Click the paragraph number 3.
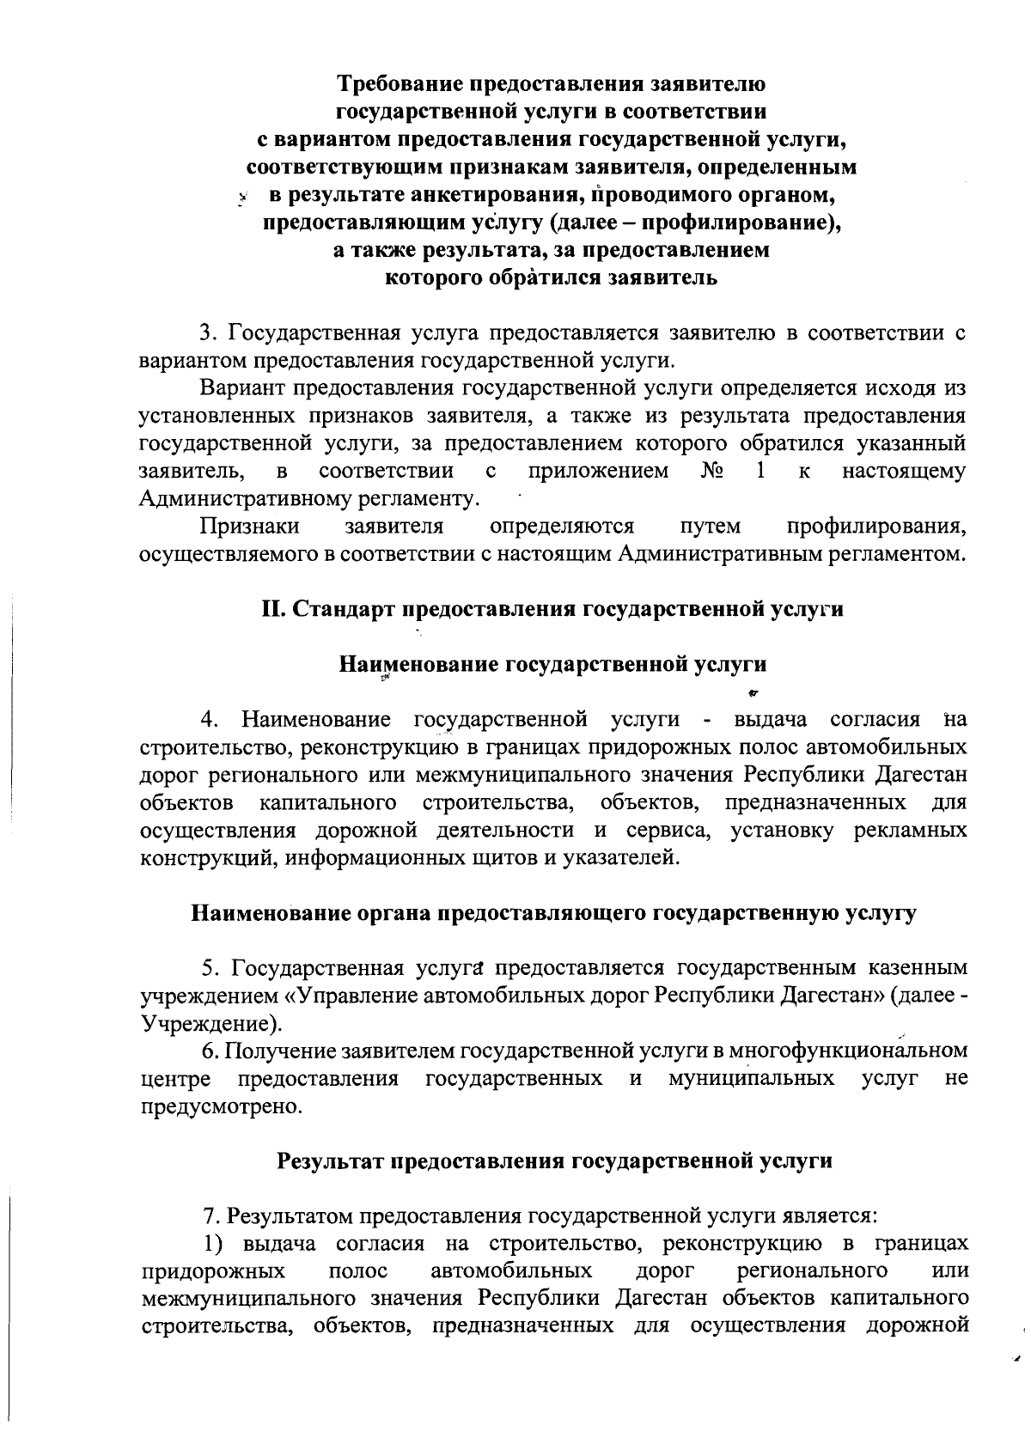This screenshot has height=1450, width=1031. pyautogui.click(x=206, y=332)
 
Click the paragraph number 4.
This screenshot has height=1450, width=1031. pyautogui.click(x=207, y=719)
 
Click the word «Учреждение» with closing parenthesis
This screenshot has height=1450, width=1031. pyautogui.click(x=210, y=1024)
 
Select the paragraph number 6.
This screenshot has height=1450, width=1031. pyautogui.click(x=207, y=1051)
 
